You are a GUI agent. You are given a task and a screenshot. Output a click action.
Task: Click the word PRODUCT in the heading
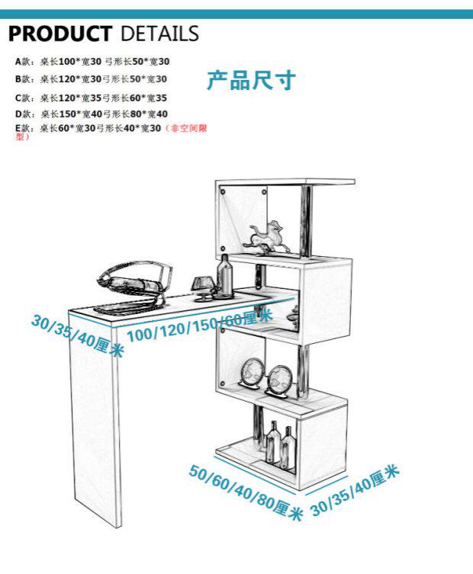pos(60,34)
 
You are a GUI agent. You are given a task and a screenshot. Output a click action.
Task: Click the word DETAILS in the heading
pos(159,34)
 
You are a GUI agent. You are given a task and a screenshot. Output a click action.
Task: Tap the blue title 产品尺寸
pos(250,81)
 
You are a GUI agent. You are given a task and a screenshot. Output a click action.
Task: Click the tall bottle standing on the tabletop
pos(225,274)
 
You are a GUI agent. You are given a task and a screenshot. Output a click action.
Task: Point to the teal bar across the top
pos(236,14)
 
